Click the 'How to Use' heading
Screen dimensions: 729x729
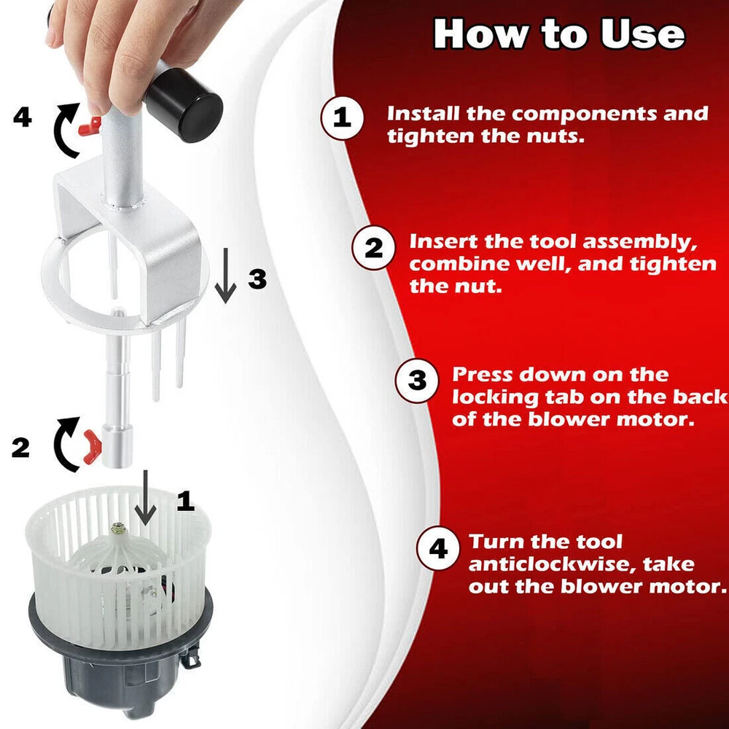(x=559, y=34)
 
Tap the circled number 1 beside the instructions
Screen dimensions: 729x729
(x=342, y=117)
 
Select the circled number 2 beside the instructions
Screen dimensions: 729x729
(x=373, y=248)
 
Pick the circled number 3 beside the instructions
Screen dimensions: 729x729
(x=416, y=381)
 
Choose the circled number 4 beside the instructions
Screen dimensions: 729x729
(x=438, y=549)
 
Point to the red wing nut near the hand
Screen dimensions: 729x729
(x=90, y=126)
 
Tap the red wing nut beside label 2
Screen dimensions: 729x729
(x=93, y=447)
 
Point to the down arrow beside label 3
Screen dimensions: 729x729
(x=226, y=276)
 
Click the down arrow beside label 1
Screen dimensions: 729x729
(x=146, y=497)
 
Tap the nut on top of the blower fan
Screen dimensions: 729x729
(x=117, y=529)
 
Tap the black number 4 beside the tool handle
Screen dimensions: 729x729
(x=23, y=117)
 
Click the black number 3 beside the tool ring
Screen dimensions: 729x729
(x=257, y=279)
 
